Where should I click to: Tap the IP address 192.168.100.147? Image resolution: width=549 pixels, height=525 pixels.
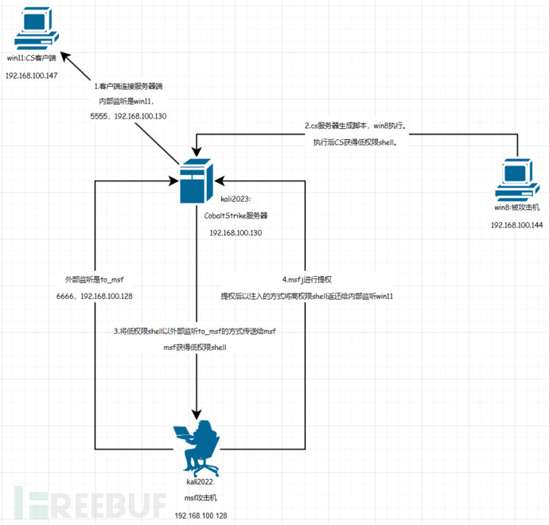tap(32, 75)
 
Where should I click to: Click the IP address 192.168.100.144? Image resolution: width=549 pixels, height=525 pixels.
tap(516, 225)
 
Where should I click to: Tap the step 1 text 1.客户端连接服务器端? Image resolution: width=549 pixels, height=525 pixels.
tap(129, 86)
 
